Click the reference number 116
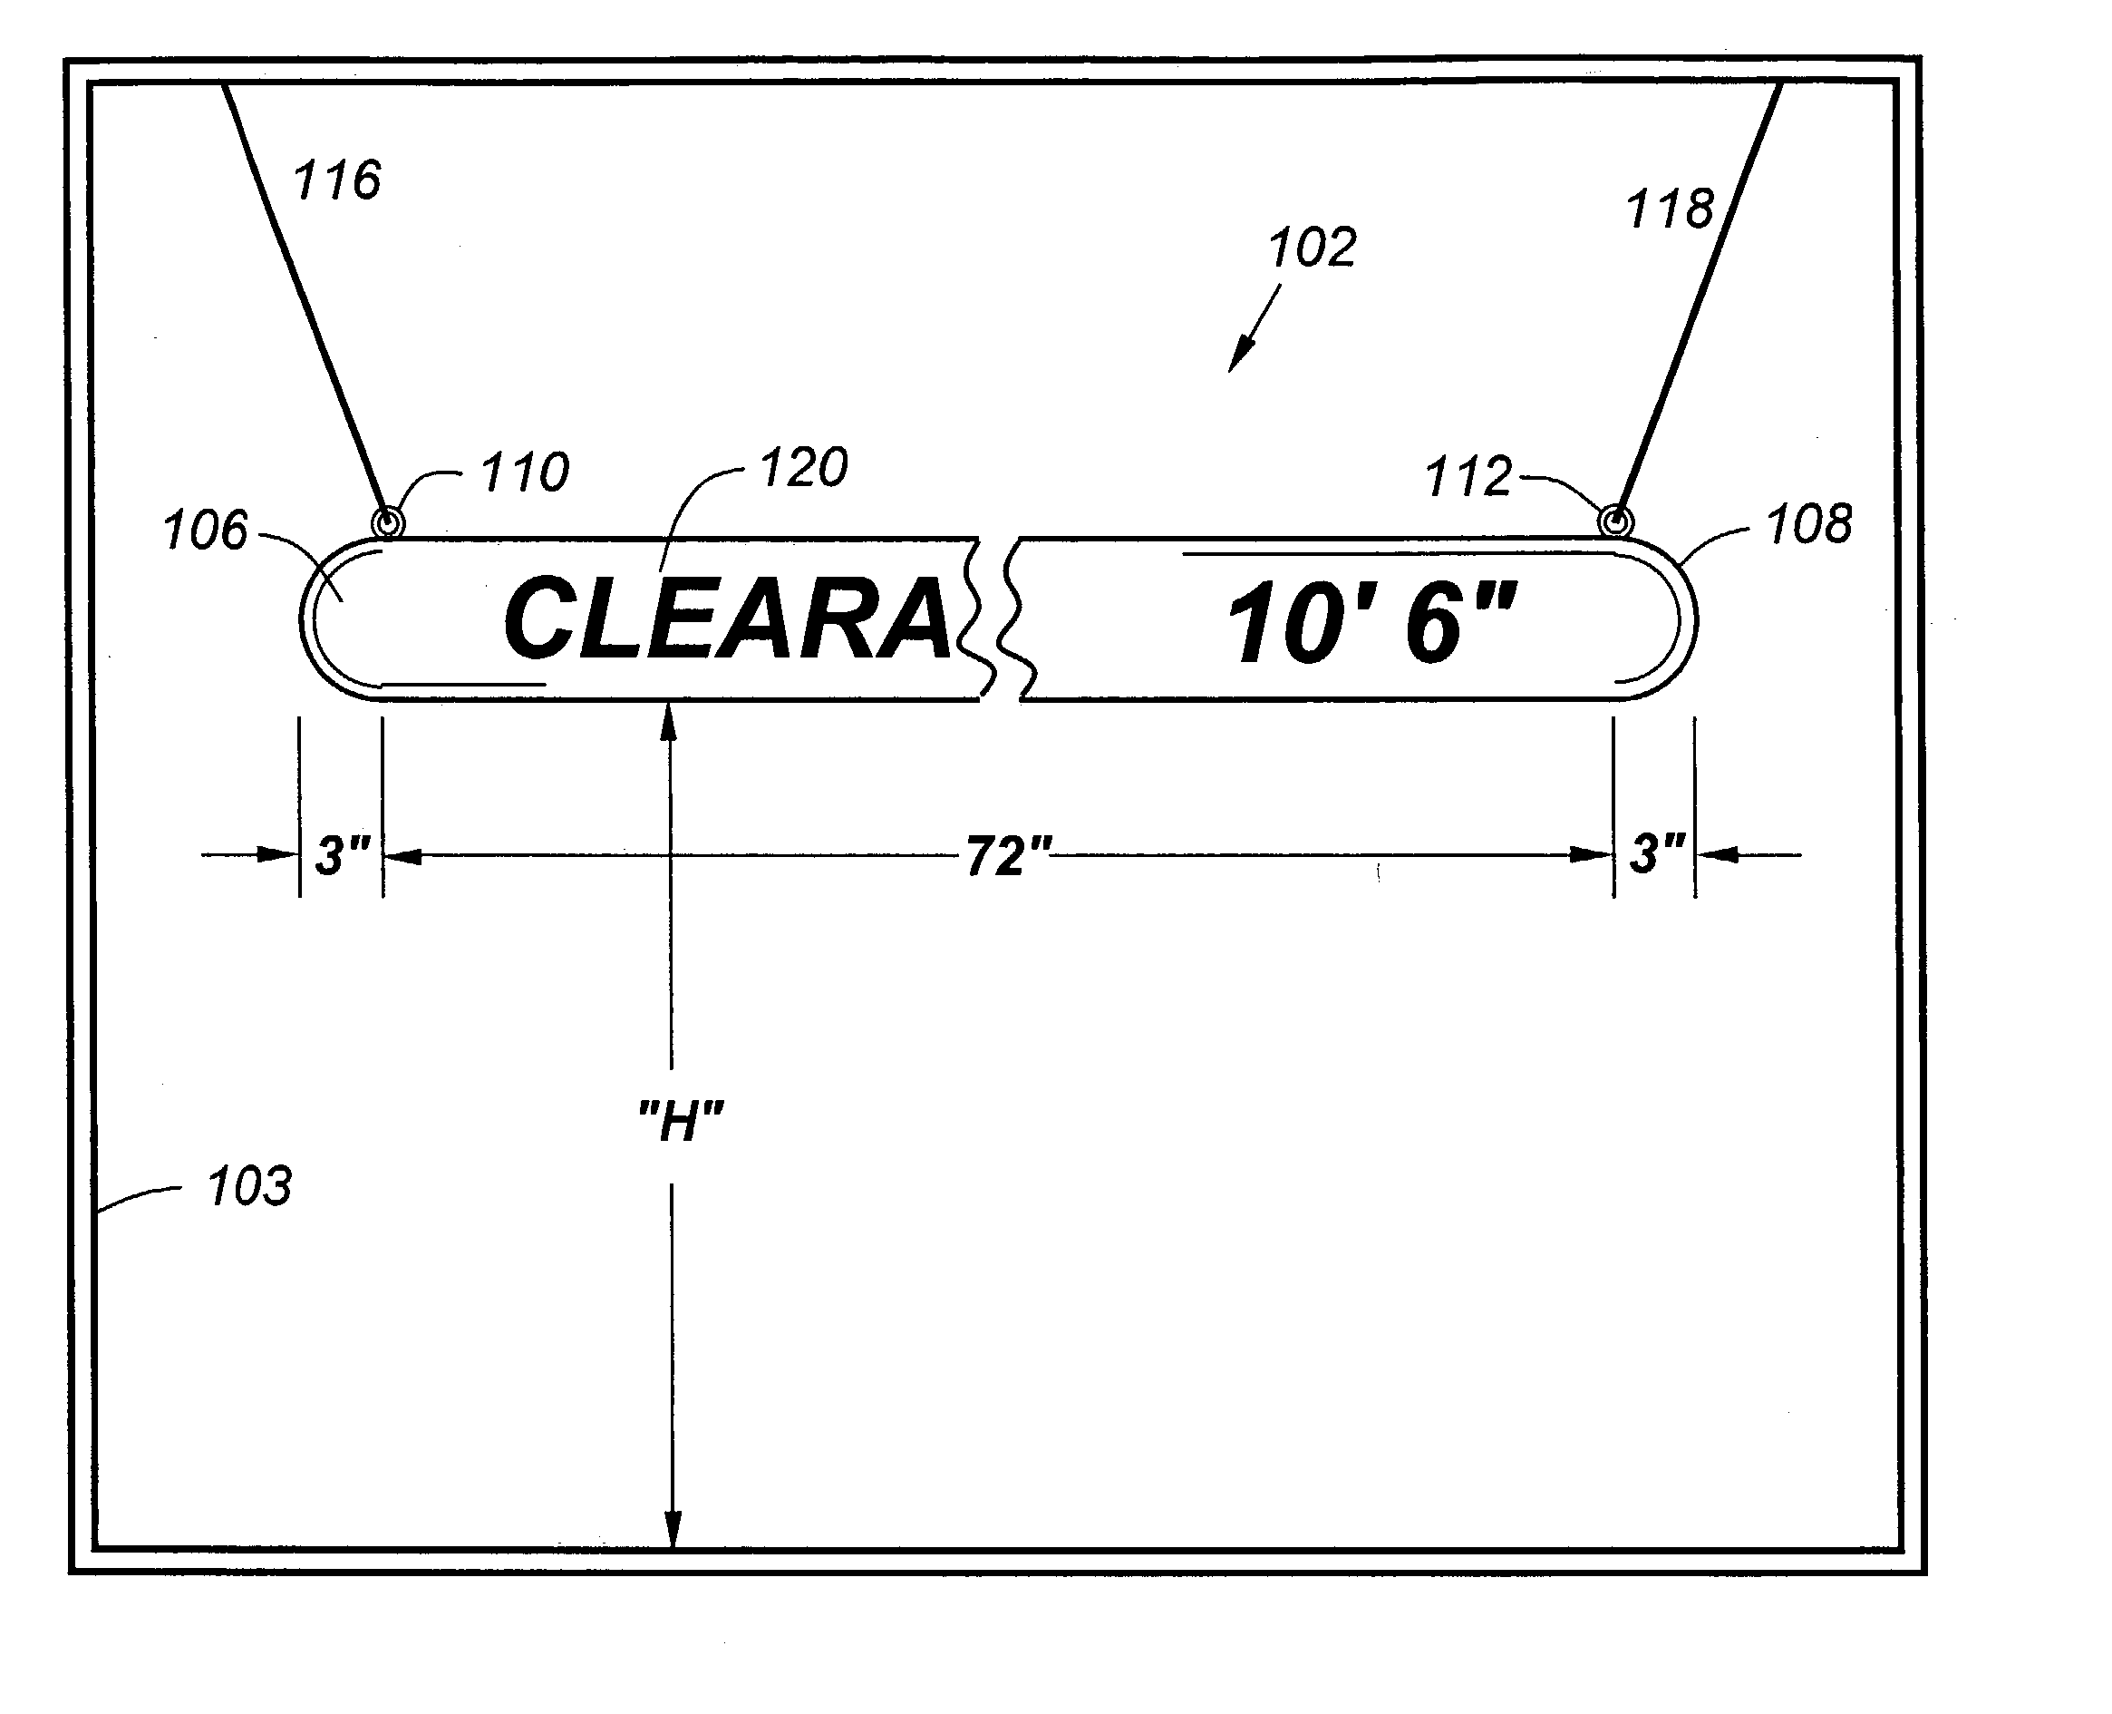[337, 180]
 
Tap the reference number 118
[1670, 209]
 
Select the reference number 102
[1313, 247]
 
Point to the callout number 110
[525, 472]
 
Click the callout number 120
[804, 467]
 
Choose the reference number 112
[1468, 477]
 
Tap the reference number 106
[205, 531]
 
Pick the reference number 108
[1809, 524]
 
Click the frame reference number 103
[249, 1186]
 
